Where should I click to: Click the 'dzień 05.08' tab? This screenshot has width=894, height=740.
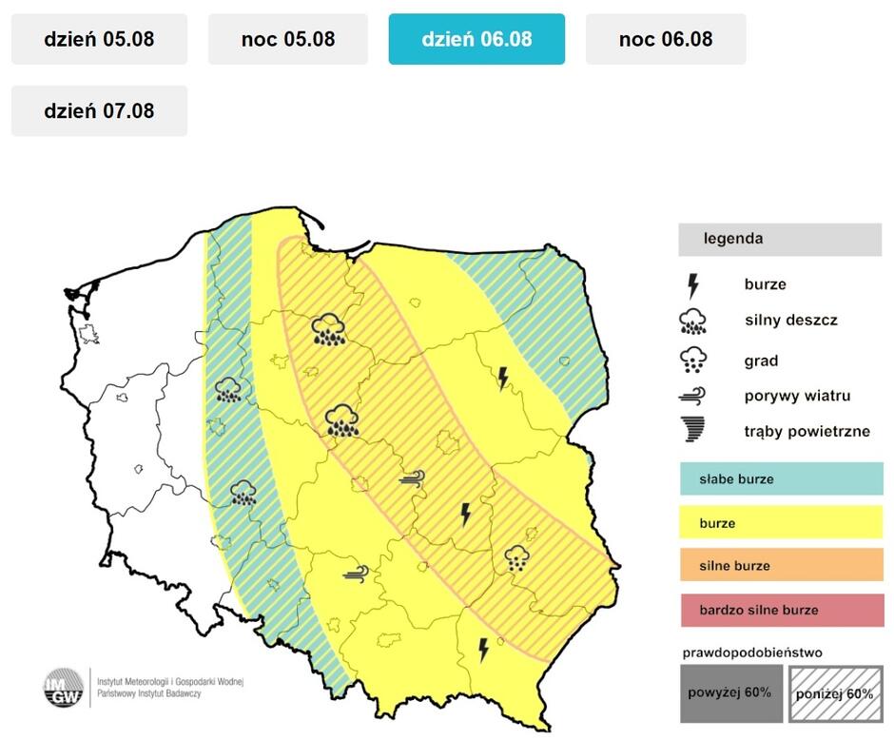pyautogui.click(x=99, y=39)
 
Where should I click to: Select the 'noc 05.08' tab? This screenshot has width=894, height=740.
pyautogui.click(x=287, y=39)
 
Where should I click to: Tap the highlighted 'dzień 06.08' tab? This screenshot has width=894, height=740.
pyautogui.click(x=476, y=39)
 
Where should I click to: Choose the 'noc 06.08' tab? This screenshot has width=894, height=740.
pyautogui.click(x=665, y=39)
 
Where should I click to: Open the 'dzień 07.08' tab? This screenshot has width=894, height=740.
pyautogui.click(x=99, y=110)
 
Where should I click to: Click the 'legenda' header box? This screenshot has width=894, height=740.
pyautogui.click(x=780, y=239)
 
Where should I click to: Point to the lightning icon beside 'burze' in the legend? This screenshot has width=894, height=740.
pyautogui.click(x=694, y=284)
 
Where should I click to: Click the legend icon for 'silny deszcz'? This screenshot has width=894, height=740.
pyautogui.click(x=694, y=321)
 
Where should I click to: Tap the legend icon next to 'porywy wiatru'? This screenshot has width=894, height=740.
pyautogui.click(x=694, y=396)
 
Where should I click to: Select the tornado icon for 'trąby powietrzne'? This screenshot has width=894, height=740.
pyautogui.click(x=694, y=431)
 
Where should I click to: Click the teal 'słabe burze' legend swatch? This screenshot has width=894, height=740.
pyautogui.click(x=782, y=479)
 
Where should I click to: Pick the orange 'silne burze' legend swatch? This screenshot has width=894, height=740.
pyautogui.click(x=782, y=566)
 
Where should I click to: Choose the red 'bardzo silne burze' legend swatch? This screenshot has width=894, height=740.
pyautogui.click(x=782, y=610)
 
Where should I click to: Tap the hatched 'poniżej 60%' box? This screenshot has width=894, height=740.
pyautogui.click(x=833, y=692)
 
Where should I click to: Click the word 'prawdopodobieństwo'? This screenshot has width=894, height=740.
pyautogui.click(x=751, y=653)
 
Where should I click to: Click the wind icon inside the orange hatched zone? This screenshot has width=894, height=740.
pyautogui.click(x=412, y=479)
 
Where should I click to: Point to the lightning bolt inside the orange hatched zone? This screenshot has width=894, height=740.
pyautogui.click(x=465, y=515)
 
